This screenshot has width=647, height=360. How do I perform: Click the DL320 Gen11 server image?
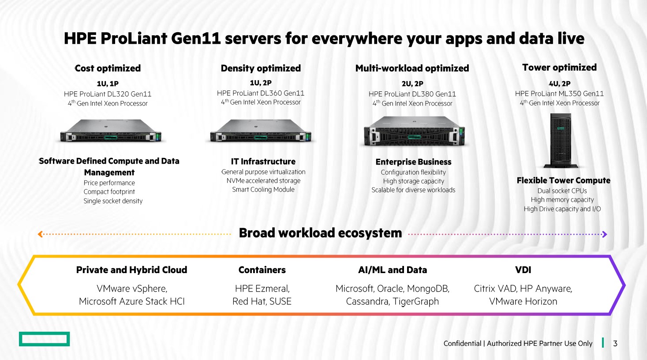tap(110, 131)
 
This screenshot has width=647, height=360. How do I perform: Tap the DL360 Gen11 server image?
tap(261, 131)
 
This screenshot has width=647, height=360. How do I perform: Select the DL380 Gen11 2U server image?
tap(414, 131)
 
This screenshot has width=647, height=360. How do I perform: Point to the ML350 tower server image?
tap(560, 140)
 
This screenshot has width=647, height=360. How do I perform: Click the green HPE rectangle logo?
tap(44, 339)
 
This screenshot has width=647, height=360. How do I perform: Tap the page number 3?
tap(615, 343)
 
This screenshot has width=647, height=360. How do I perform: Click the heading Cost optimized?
tap(108, 68)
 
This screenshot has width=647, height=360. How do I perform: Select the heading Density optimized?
tap(261, 68)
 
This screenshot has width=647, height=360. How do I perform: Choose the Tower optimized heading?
tap(559, 67)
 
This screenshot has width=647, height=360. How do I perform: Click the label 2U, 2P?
tap(412, 83)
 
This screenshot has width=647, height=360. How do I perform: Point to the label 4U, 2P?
tap(559, 83)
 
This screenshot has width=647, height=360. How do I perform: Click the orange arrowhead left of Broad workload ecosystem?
tap(40, 234)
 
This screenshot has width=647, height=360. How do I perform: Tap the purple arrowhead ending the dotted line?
tap(605, 234)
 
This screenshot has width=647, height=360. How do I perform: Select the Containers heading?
tap(262, 270)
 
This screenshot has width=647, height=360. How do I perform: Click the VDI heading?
tap(523, 270)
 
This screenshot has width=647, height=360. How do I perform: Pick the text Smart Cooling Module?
tap(263, 190)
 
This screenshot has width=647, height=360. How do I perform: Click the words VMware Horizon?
tap(523, 301)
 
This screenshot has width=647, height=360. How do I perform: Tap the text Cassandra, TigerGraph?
tap(393, 301)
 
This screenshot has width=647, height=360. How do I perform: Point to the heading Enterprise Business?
tap(413, 162)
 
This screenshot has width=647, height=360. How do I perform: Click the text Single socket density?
tap(113, 201)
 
